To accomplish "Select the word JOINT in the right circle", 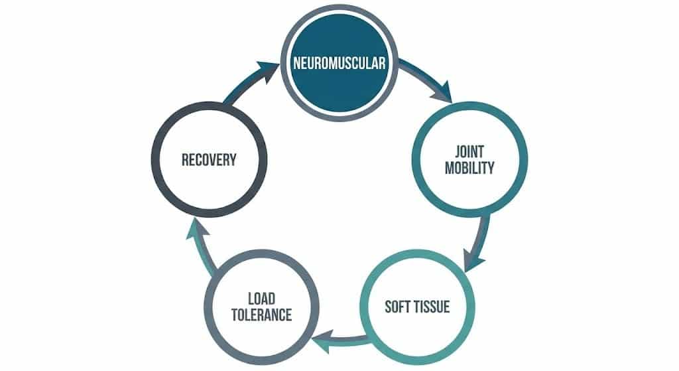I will pos(469,151).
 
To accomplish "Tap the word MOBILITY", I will pos(469,167).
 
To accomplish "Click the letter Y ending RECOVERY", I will pos(232,160).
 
